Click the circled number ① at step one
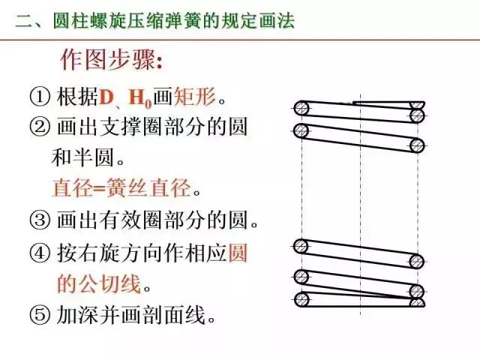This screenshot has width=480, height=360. tap(39, 97)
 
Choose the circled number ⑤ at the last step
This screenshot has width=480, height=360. tap(39, 315)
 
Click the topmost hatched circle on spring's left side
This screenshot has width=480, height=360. tap(301, 108)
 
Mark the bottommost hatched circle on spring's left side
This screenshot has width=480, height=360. tap(301, 300)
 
